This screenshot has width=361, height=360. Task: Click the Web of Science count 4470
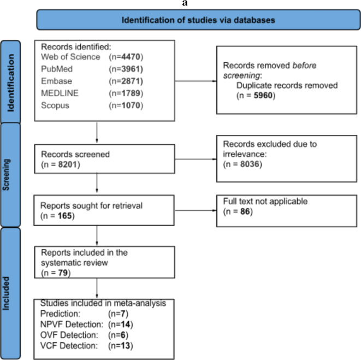[131, 57]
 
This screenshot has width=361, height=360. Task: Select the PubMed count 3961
[131, 69]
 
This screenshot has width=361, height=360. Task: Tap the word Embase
[56, 81]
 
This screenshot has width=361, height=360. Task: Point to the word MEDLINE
[60, 93]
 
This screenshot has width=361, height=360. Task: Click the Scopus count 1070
[131, 105]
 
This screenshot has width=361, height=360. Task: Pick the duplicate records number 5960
[263, 96]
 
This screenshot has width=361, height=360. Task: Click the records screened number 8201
[68, 164]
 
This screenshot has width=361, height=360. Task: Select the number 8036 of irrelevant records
[250, 164]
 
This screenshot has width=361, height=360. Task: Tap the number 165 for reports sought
[64, 216]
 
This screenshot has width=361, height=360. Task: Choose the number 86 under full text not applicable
[245, 211]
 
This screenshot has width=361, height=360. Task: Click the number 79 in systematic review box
[63, 273]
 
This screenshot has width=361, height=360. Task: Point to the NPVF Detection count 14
[126, 324]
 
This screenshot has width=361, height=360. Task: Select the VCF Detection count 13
[126, 346]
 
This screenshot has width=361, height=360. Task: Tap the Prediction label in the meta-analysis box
[60, 314]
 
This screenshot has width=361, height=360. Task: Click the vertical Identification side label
[10, 83]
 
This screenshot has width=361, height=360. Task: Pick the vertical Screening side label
[6, 175]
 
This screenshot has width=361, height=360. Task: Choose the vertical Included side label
[6, 293]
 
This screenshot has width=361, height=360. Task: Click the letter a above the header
[185, 3]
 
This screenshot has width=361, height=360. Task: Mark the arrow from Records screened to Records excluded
[196, 159]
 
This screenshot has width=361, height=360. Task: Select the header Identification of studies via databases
[198, 20]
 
